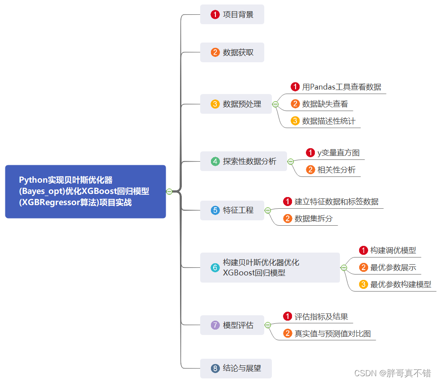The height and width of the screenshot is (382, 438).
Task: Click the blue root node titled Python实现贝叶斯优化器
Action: (x=85, y=191)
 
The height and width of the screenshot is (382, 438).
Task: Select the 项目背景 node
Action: (x=232, y=14)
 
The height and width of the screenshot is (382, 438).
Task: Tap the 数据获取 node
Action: (x=232, y=52)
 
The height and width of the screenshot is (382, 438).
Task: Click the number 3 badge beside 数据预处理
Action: (x=215, y=104)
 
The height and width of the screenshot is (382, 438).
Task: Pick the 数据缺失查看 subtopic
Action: (x=325, y=104)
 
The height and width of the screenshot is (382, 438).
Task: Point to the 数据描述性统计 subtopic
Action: (x=328, y=121)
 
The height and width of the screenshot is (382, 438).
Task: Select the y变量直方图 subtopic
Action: (x=338, y=153)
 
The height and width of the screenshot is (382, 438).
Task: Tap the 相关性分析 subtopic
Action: (x=336, y=170)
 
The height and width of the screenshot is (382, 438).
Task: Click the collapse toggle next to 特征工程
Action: (x=268, y=210)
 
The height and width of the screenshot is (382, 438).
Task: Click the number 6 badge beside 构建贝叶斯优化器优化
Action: (x=215, y=267)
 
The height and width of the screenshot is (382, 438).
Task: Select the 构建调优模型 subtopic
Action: (x=393, y=250)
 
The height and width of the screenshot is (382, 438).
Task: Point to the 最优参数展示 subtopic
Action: (x=393, y=267)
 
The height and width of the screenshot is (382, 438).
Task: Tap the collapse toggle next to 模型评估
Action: (x=268, y=325)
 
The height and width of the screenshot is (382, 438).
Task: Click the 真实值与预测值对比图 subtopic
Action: (x=332, y=334)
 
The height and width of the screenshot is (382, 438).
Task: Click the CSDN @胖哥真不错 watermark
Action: (x=392, y=373)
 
